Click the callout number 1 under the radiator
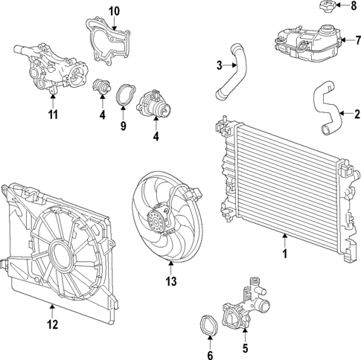pos(284,255)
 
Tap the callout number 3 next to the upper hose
pos(220,65)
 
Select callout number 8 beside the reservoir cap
pos(354,7)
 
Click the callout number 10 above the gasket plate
pos(114,10)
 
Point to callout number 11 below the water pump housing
pos(53,115)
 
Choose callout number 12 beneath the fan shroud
pos(51,324)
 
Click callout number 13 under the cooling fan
pos(172,281)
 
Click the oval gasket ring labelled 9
pos(124,95)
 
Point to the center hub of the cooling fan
pos(157,221)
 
